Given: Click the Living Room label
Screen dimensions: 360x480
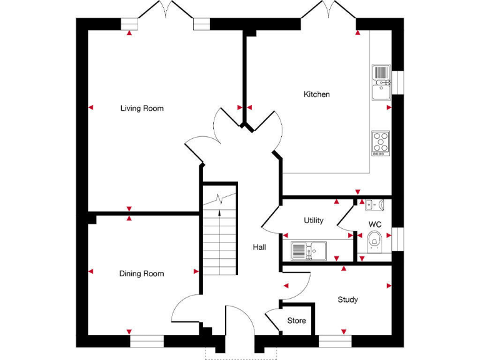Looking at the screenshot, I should point(142,109).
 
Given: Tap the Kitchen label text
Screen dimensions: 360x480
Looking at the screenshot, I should point(316,94).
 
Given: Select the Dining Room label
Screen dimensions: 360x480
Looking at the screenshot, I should point(142,274).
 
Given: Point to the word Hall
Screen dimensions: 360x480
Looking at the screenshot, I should point(259,247).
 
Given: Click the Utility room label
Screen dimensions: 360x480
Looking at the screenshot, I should point(314,221).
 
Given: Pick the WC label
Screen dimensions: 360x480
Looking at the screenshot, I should point(375,224).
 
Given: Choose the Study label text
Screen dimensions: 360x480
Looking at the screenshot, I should point(347,300).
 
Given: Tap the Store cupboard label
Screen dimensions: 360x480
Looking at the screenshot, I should point(297,321).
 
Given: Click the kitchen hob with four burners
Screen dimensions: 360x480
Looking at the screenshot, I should point(381,142).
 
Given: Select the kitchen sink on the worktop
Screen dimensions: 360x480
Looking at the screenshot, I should point(381,82).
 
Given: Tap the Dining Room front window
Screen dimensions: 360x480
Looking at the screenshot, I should point(147,341).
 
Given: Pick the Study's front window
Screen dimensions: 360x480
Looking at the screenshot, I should point(335,341).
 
